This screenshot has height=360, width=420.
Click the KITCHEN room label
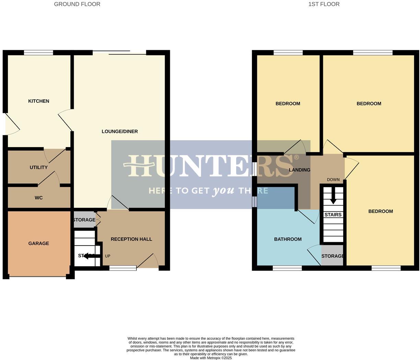(38, 101)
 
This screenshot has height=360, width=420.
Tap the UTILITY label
(38, 167)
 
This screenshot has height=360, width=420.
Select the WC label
(38, 198)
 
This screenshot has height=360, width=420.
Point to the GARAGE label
(38, 243)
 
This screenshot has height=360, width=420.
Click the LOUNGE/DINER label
(120, 131)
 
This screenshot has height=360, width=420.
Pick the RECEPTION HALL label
(131, 239)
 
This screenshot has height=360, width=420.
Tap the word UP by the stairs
(107, 256)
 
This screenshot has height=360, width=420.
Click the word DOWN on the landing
(333, 180)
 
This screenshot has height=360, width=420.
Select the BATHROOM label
(288, 239)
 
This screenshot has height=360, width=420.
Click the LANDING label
(299, 170)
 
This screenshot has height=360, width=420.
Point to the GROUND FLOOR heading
(77, 4)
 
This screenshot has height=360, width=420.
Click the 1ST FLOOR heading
(324, 4)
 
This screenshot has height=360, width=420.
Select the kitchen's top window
(38, 53)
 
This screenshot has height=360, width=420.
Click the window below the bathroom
(287, 268)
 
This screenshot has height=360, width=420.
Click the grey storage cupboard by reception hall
(84, 220)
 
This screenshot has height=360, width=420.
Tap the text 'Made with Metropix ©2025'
(211, 358)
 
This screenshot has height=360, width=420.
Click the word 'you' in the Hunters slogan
(223, 191)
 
